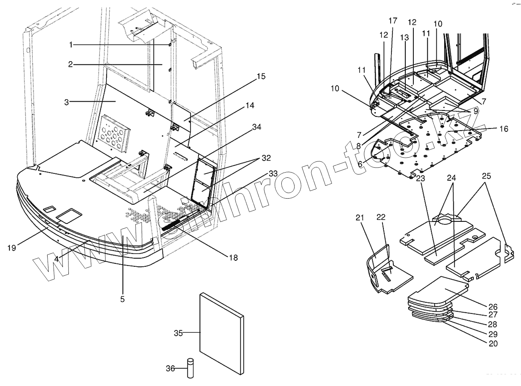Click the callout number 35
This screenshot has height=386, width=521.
(x=178, y=333)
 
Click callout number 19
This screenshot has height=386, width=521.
(x=12, y=248)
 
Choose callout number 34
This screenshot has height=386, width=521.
(x=257, y=127)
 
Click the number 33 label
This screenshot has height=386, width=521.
(x=273, y=173)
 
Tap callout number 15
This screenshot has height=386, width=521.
(x=261, y=76)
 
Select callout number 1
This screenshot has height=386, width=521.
(x=71, y=45)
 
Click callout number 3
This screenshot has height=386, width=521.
(x=68, y=102)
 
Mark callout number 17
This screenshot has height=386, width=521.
(x=393, y=20)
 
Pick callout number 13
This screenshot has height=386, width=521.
(x=405, y=37)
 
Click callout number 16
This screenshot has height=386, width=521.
(x=503, y=129)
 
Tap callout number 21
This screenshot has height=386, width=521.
(x=361, y=217)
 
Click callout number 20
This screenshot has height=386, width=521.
(x=493, y=343)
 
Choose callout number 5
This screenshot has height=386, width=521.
(x=122, y=298)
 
